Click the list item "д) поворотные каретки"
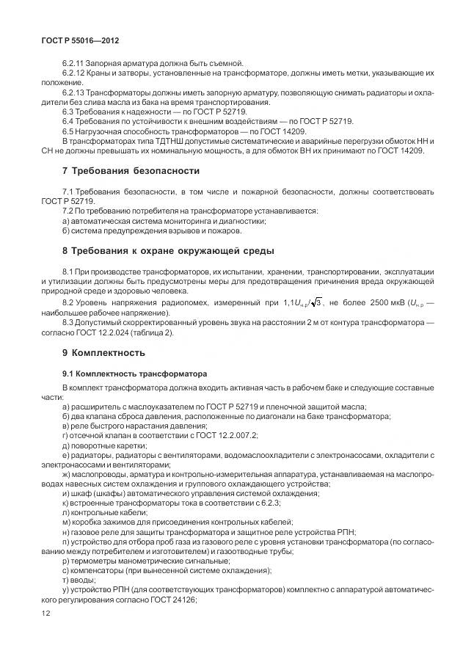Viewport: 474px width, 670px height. click(104, 445)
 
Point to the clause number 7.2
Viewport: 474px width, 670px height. click(70, 211)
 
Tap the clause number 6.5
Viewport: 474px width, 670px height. click(68, 131)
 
